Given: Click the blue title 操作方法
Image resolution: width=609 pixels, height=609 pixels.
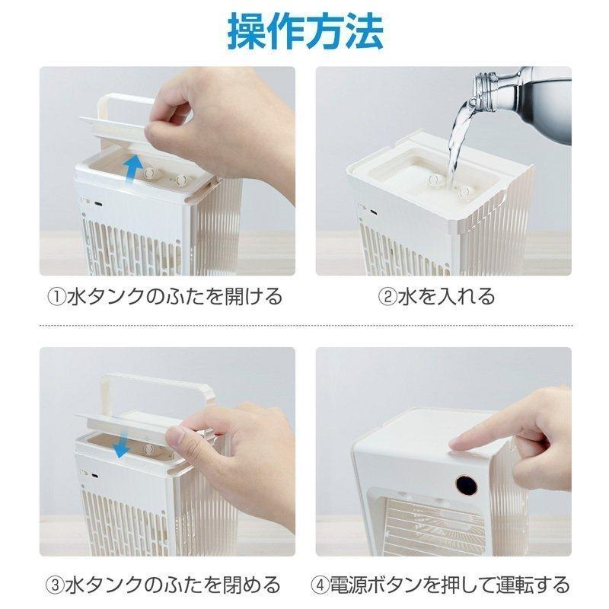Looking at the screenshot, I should coord(304,30).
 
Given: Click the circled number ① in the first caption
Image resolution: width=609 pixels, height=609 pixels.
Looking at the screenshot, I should coord(57,295).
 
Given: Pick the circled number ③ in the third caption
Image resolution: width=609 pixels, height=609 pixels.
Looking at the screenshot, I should coord(56,585).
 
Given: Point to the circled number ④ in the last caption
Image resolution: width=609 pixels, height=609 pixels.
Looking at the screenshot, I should coord(320,585).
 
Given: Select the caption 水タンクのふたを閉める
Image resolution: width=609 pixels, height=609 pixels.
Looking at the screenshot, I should coord(174,585).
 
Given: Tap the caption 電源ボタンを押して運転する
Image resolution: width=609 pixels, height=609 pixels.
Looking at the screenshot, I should coord(449,585).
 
